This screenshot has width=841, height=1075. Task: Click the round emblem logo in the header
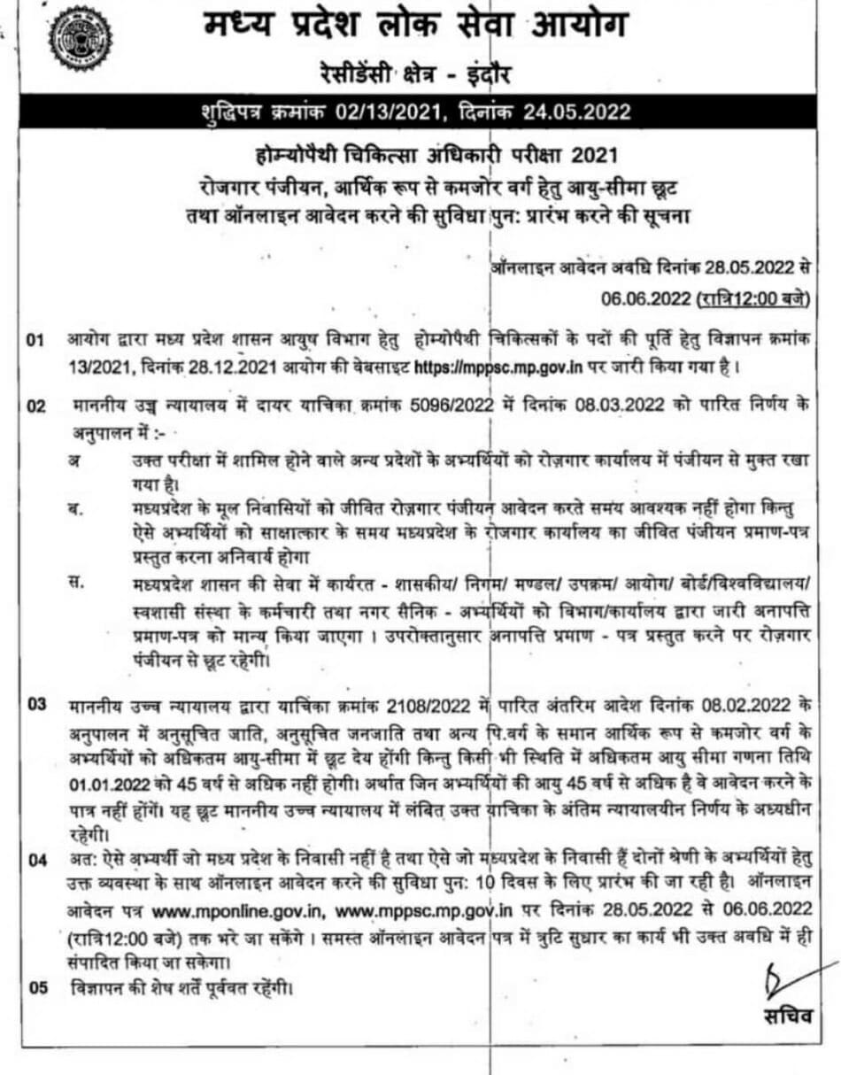[81, 37]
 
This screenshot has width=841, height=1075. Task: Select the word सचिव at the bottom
[787, 1017]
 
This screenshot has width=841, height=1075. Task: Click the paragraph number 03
[38, 706]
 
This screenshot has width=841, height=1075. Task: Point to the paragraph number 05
[38, 987]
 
